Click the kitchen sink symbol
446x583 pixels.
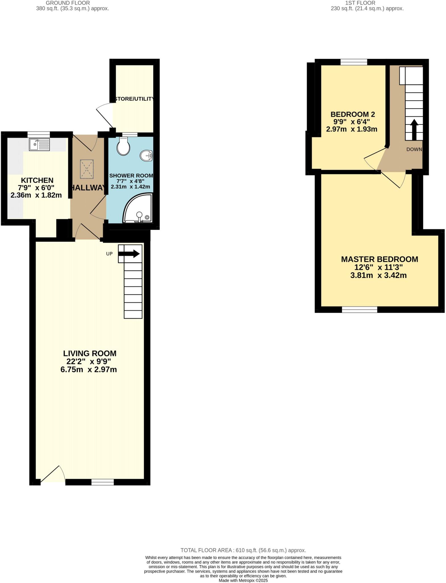click(x=39, y=145)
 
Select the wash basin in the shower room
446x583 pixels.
click(x=147, y=156)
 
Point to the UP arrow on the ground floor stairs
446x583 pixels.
click(x=129, y=254)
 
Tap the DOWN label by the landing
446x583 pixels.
click(x=414, y=149)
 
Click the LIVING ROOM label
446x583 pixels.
click(x=90, y=354)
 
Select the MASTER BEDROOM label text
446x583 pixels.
click(x=379, y=259)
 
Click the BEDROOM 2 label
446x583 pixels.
click(x=353, y=114)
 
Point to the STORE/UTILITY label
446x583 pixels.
click(x=134, y=99)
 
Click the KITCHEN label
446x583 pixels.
click(x=37, y=180)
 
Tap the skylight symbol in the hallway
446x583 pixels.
click(x=87, y=169)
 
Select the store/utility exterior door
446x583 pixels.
click(x=105, y=115)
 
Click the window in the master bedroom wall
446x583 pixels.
click(x=359, y=309)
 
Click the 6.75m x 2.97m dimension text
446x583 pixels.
click(x=89, y=370)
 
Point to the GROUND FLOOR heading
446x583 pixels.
click(x=68, y=3)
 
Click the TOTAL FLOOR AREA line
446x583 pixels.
click(x=243, y=550)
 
